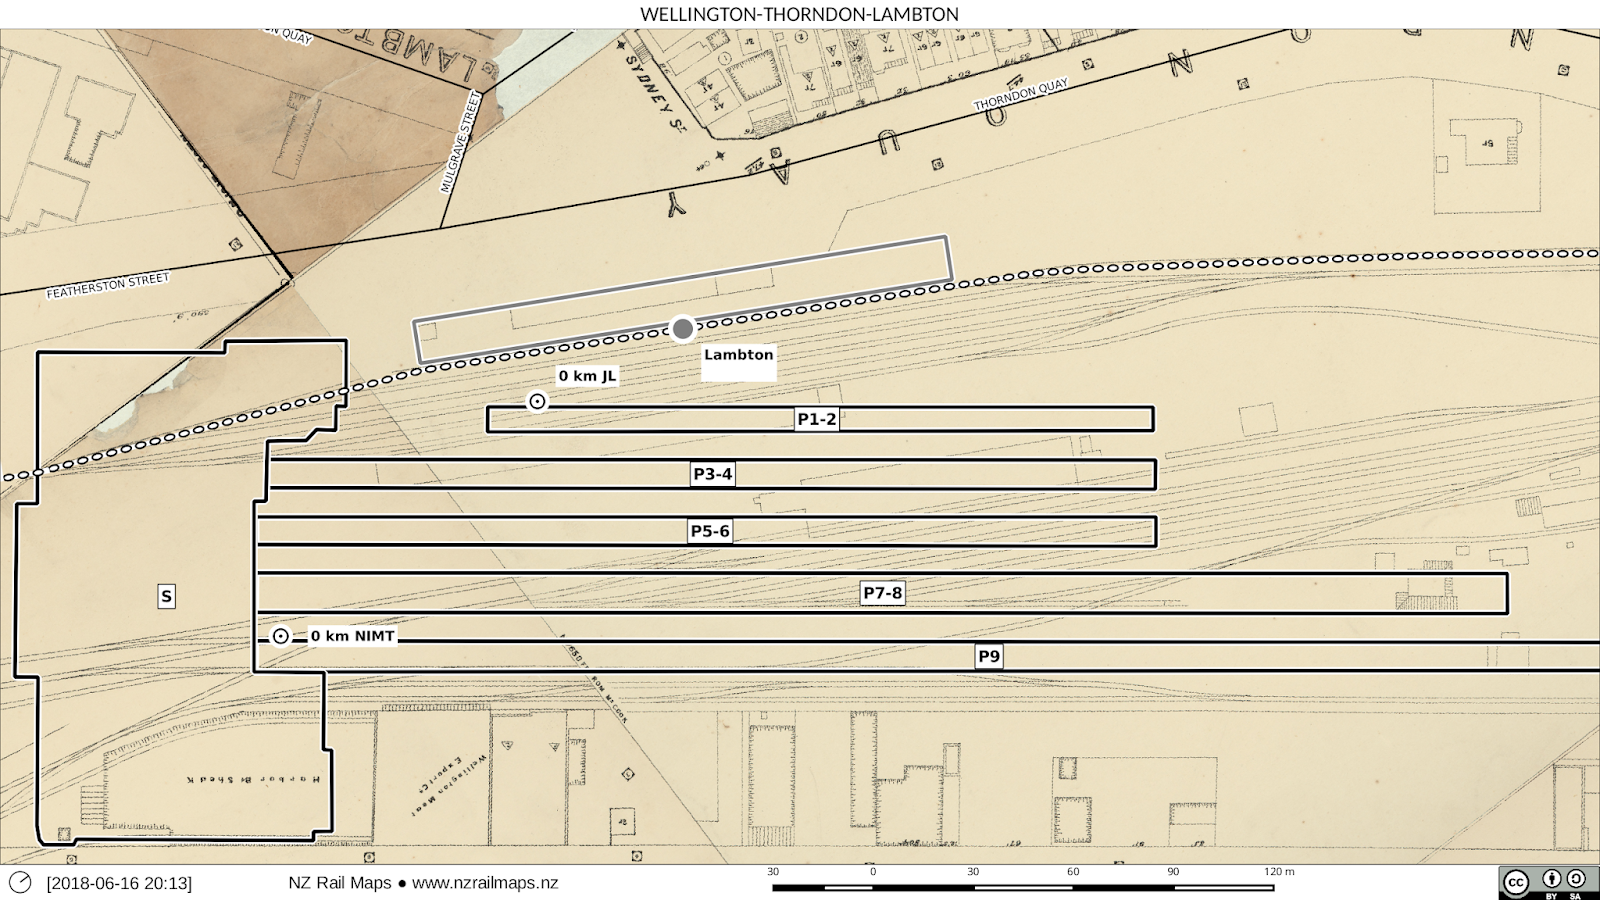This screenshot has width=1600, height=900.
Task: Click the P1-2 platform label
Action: pos(816,419)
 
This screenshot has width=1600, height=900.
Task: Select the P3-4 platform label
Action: pos(712,474)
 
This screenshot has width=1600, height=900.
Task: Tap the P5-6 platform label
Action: pos(710,531)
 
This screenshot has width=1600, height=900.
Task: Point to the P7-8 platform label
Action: pos(882,593)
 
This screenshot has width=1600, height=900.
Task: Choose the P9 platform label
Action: pos(988,656)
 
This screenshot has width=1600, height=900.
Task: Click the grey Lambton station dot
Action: pos(682,328)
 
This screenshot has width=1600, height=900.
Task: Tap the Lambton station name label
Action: pos(738,355)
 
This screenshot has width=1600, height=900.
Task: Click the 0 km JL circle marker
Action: pos(537,401)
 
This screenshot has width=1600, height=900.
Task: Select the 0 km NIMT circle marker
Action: pos(281,636)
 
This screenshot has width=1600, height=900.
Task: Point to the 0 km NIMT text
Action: pos(352,636)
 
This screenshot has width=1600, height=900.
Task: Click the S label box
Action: pos(166,597)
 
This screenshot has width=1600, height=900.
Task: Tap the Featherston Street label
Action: pos(108,286)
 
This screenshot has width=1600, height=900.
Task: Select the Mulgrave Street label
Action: pos(461,142)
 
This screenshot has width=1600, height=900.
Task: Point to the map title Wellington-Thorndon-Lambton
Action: pos(799,14)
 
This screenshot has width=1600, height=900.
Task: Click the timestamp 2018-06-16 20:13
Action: pos(119,883)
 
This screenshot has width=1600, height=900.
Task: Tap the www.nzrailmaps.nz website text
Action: pos(485,883)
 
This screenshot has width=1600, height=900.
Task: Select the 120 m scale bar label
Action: pos(1278,872)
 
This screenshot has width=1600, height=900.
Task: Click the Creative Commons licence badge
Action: pos(1548,883)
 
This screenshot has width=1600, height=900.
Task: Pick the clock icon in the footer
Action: pos(20,882)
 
